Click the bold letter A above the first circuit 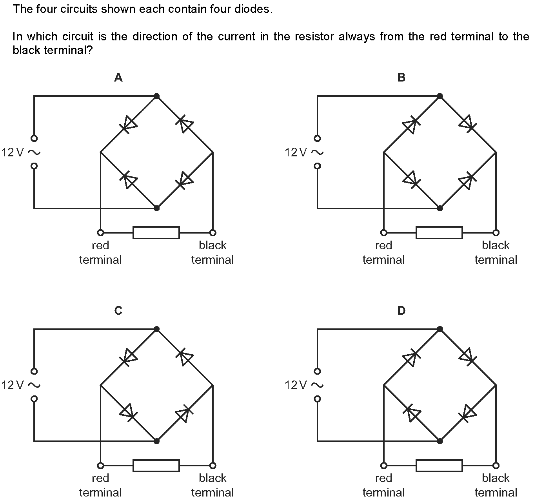point(118,78)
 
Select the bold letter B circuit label point(401,78)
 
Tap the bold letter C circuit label point(118,310)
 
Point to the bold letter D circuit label point(401,310)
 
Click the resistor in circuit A point(156,233)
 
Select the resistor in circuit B point(440,233)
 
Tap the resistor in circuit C point(156,466)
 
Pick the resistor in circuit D point(440,466)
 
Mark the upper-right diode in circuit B point(468,124)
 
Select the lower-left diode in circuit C point(129,413)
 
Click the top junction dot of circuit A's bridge point(156,96)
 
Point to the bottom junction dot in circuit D point(440,441)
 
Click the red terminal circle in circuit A point(100,233)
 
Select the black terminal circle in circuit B point(496,233)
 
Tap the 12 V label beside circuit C point(13,385)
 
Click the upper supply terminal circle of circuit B point(317,138)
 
